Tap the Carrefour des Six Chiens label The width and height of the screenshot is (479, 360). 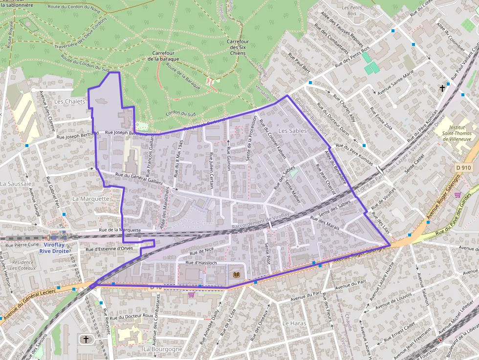(x=238, y=47)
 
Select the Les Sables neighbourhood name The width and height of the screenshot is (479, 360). (x=292, y=131)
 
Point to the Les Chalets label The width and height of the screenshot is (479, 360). (x=69, y=102)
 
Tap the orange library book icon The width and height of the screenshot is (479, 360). (x=237, y=275)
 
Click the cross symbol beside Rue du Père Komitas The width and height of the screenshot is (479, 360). (x=443, y=88)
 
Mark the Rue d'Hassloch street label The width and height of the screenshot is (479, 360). (x=201, y=263)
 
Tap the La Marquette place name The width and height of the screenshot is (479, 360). (x=91, y=199)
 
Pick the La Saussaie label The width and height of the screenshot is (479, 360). (x=16, y=184)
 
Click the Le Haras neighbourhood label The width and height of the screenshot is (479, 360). (x=294, y=323)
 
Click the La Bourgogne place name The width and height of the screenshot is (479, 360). (x=163, y=349)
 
